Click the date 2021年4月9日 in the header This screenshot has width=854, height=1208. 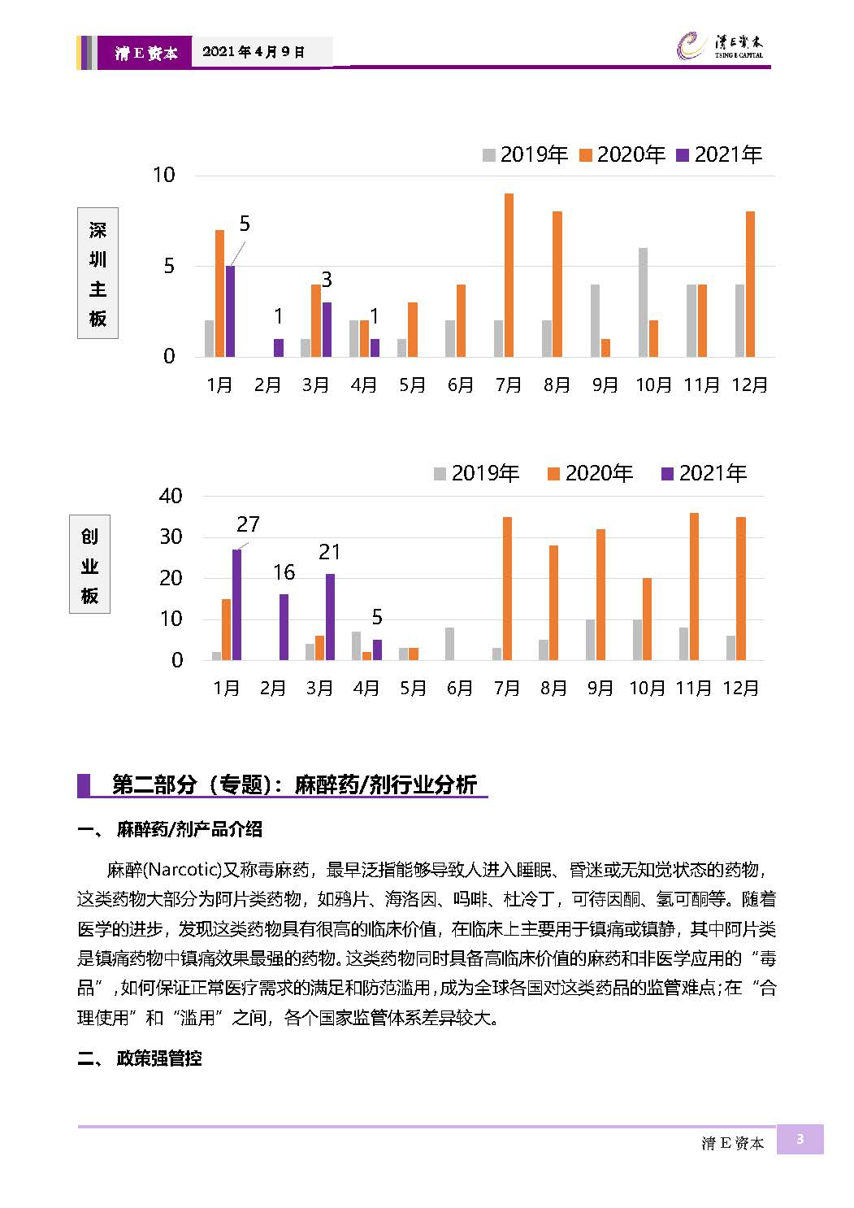(254, 52)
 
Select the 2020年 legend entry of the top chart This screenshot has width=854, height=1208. (622, 154)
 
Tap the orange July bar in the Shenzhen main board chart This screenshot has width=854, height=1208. (509, 275)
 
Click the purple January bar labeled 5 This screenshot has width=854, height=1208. (230, 311)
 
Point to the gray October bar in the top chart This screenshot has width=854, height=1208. (643, 302)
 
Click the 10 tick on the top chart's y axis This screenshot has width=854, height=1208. (164, 175)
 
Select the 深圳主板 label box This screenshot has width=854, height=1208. (98, 273)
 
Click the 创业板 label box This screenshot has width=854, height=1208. (89, 564)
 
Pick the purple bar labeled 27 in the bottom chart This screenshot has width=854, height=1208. (236, 605)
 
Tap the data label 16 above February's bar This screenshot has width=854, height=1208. (284, 572)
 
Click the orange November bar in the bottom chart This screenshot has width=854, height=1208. (695, 587)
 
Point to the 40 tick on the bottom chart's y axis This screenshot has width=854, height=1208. (171, 496)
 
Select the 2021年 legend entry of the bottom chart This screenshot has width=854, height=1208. (704, 473)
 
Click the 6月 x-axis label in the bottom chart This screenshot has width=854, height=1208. (459, 688)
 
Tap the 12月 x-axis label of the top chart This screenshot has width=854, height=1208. (749, 385)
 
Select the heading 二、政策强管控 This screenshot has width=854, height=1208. (140, 1058)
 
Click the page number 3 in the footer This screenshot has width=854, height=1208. (800, 1139)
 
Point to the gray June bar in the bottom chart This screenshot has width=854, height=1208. (449, 644)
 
